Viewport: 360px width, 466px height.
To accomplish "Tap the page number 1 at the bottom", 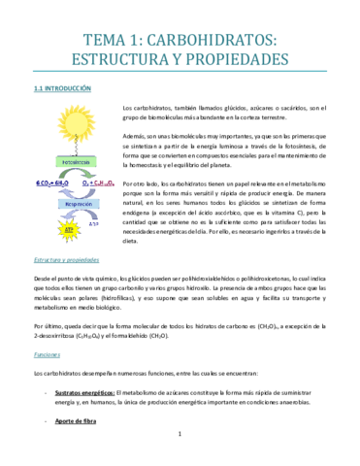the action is click(180, 447).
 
